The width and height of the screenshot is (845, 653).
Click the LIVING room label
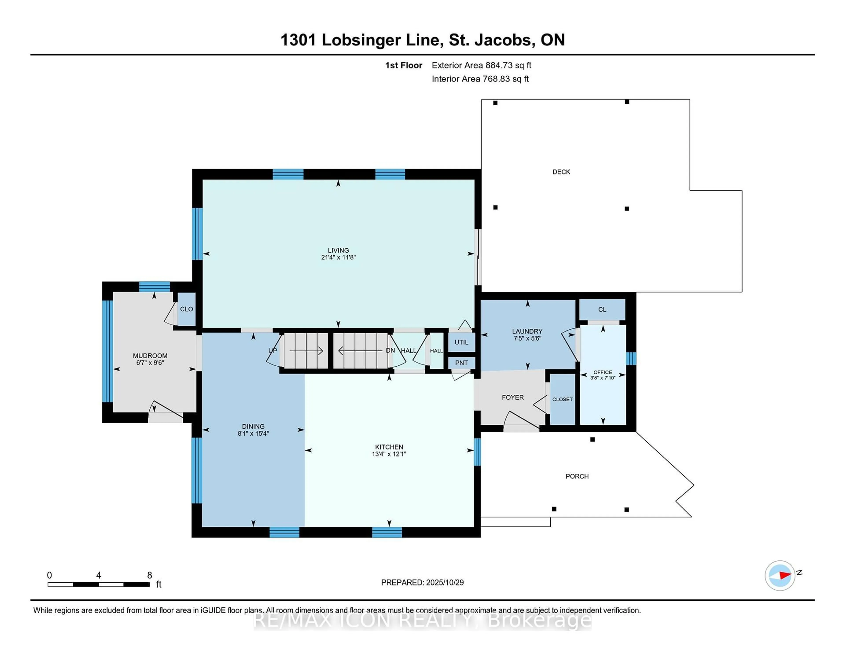click(338, 250)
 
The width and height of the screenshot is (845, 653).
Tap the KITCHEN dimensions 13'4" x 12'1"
click(389, 454)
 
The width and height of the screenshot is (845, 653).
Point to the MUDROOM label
click(150, 356)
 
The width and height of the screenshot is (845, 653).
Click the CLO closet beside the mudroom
click(186, 309)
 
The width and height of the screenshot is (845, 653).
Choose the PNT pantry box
click(461, 363)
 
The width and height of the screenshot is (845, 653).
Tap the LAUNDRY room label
click(527, 331)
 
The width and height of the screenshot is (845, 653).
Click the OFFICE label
click(603, 372)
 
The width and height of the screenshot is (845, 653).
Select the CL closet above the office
click(602, 310)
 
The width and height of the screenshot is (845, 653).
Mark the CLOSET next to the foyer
click(562, 399)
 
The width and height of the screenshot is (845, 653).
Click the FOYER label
click(513, 397)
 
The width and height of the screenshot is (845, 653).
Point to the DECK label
click(561, 172)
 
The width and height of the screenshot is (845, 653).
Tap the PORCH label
click(577, 476)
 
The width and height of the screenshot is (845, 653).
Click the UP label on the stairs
click(273, 350)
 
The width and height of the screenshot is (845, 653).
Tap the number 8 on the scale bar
click(150, 575)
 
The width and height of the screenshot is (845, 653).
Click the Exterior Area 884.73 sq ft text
click(481, 65)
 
